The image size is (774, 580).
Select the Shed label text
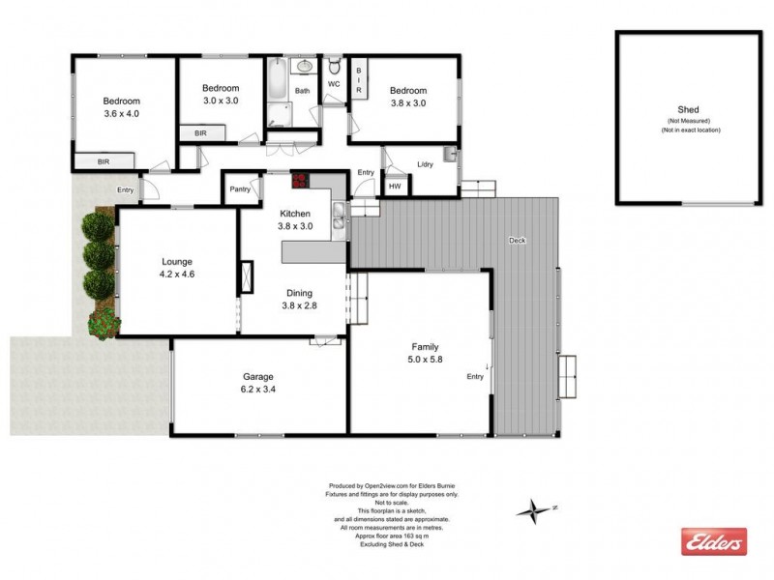(x=689, y=110)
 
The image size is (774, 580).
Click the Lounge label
(x=177, y=261)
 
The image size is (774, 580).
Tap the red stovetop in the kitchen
(x=300, y=181)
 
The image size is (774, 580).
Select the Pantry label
(x=240, y=189)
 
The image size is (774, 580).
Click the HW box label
(x=395, y=187)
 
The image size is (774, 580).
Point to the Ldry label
(x=425, y=164)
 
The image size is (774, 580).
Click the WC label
(x=334, y=84)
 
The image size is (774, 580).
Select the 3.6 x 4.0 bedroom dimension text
(x=122, y=114)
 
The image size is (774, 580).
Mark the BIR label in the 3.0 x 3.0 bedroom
(x=200, y=132)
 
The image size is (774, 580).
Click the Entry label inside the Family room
(x=475, y=376)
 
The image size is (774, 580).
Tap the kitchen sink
(x=338, y=217)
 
